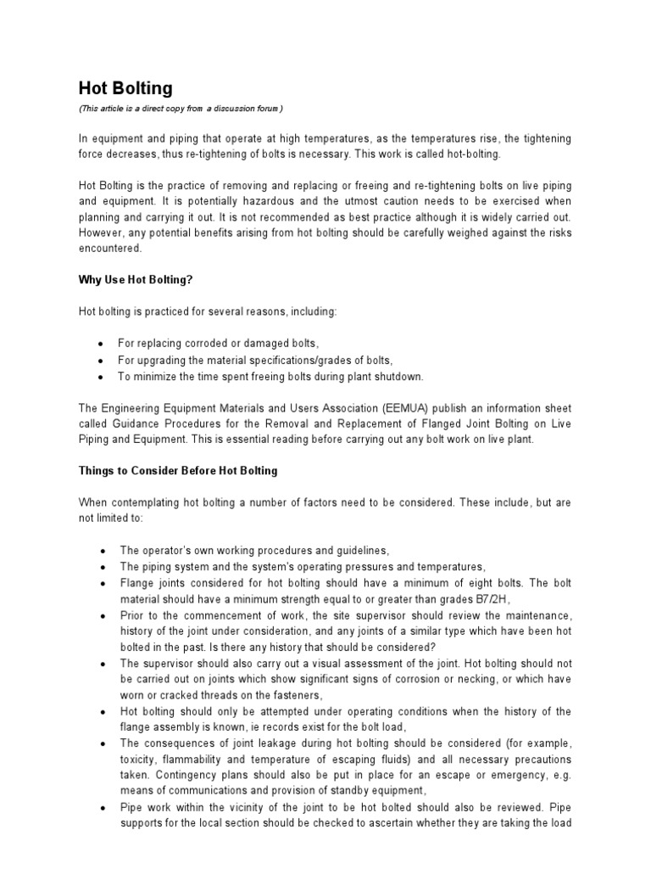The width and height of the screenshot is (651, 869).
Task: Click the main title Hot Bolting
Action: tap(125, 88)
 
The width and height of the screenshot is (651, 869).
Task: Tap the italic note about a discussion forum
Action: tap(181, 109)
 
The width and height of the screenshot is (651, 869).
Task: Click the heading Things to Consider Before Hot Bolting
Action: tap(178, 470)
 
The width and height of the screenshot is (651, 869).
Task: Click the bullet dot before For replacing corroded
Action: tap(101, 344)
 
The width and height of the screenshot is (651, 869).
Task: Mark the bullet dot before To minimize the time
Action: tap(101, 376)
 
